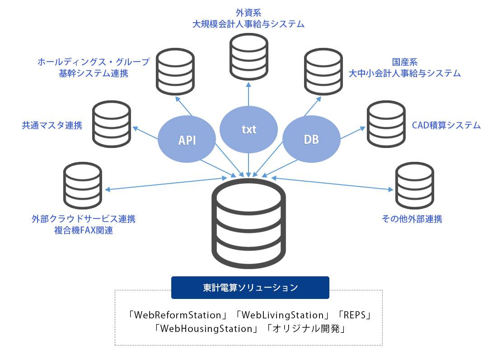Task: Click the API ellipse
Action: click(187, 140)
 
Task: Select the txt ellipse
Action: click(248, 129)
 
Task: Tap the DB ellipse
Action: click(311, 140)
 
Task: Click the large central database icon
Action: click(248, 224)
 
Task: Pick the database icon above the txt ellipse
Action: click(248, 57)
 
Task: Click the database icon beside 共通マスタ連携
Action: click(112, 124)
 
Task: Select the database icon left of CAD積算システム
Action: click(386, 124)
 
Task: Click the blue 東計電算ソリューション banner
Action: click(250, 288)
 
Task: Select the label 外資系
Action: click(248, 13)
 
